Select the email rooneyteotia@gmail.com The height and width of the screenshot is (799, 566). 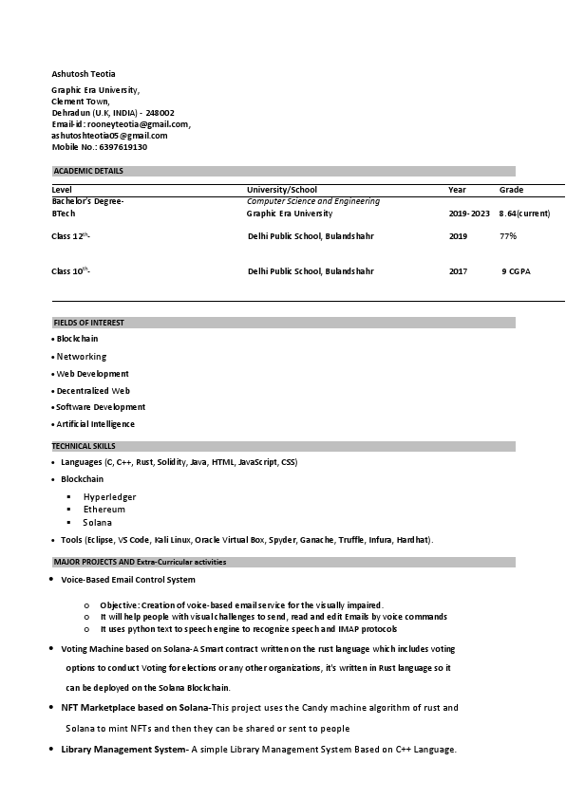click(138, 124)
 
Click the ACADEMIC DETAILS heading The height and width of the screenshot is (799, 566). click(88, 171)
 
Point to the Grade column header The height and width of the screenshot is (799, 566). click(511, 190)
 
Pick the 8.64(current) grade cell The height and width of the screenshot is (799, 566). click(524, 214)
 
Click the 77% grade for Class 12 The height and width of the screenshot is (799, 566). click(508, 235)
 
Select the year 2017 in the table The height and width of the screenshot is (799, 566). click(458, 271)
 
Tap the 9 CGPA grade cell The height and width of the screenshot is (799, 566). click(517, 271)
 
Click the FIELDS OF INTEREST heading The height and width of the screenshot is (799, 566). click(88, 323)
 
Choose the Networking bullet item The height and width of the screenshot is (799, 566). click(81, 357)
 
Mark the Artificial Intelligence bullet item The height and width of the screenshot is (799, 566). click(95, 424)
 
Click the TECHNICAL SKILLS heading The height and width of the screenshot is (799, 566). click(84, 446)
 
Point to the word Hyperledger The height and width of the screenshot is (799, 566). click(109, 496)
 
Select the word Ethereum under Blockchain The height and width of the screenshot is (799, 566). click(104, 510)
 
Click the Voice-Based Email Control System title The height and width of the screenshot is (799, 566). click(127, 579)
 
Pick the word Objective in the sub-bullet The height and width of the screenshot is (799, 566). click(119, 604)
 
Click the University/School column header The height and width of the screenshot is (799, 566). click(282, 190)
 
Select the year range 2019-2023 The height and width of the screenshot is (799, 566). click(469, 214)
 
